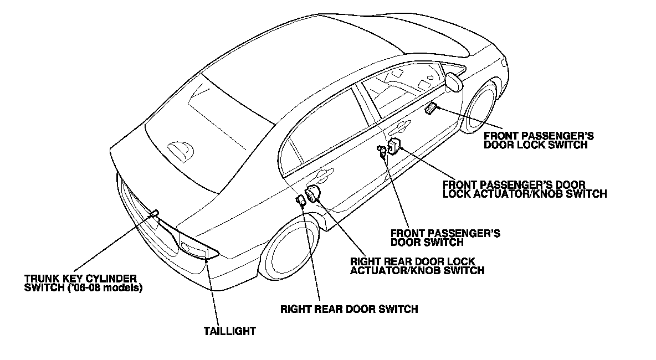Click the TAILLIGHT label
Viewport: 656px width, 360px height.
pyautogui.click(x=230, y=331)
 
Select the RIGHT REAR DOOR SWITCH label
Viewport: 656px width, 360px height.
pyautogui.click(x=349, y=308)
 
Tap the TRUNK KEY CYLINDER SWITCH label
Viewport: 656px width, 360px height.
pyautogui.click(x=80, y=282)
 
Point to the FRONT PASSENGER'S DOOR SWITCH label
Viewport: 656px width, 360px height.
pyautogui.click(x=445, y=238)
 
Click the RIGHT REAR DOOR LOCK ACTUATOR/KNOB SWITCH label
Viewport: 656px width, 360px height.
pyautogui.click(x=417, y=266)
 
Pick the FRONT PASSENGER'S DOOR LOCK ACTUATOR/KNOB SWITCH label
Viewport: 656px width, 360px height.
pyautogui.click(x=524, y=189)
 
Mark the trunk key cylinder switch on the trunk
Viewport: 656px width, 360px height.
pyautogui.click(x=155, y=213)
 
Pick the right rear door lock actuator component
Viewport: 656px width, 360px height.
pyautogui.click(x=313, y=194)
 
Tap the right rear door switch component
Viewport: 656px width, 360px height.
pyautogui.click(x=301, y=200)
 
